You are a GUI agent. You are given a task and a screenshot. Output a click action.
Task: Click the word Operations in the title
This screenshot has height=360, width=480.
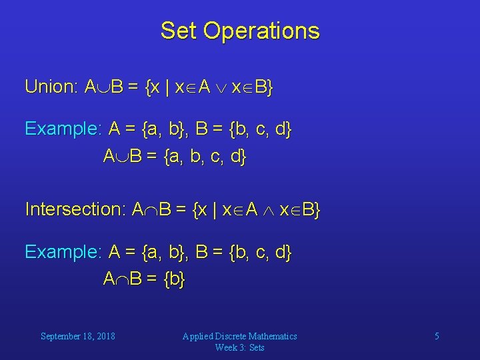point(262,31)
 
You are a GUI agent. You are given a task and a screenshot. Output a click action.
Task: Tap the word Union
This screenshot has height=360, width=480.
point(51,87)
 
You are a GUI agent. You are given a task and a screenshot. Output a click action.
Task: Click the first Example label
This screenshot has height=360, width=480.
point(63,129)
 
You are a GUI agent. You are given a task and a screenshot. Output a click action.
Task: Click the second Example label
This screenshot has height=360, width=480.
point(63,252)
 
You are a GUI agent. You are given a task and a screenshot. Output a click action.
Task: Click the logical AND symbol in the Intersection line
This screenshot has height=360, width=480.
point(267,211)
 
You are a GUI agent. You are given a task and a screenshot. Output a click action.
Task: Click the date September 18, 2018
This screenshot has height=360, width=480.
point(77,336)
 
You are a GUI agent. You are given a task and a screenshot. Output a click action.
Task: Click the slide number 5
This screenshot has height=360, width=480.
point(437,336)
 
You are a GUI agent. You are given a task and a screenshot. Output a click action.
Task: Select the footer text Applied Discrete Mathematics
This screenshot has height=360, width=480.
point(239,336)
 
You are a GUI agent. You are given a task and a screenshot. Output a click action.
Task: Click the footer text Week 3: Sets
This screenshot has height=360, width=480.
point(239,347)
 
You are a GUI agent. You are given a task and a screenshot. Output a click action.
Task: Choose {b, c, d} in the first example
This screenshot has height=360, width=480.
point(260,129)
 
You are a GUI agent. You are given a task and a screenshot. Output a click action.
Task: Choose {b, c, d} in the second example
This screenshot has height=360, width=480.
point(260,252)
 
